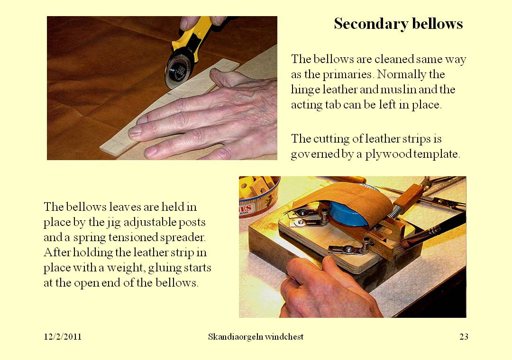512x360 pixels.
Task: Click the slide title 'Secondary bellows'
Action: coord(398,24)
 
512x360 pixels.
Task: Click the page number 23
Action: coord(464,337)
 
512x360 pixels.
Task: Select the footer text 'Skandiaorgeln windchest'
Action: coord(256,337)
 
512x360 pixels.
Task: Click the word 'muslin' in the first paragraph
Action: coord(402,90)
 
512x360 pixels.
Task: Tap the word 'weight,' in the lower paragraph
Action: coord(127,268)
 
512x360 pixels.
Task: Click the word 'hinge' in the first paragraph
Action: coord(304,90)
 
